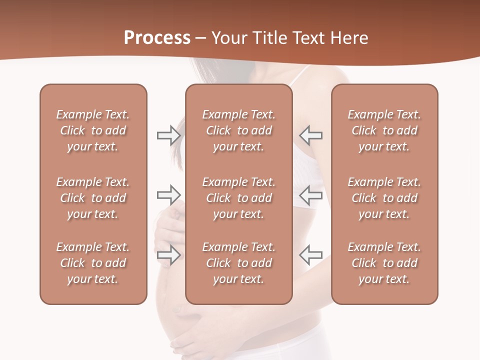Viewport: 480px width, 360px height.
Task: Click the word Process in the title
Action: coord(157,38)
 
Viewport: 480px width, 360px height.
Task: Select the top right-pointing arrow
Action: coord(168,135)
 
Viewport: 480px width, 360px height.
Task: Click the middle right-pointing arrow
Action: coord(168,194)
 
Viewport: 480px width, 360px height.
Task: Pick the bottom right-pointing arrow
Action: coord(168,255)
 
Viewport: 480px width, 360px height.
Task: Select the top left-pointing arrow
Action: coord(310,135)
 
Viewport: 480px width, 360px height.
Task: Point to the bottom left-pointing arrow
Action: coord(310,255)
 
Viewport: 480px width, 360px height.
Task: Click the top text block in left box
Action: coord(93,130)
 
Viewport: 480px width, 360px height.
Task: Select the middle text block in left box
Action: coord(93,198)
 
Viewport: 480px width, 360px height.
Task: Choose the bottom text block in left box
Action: coord(93,263)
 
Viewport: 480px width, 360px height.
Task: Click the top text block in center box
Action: coord(238,130)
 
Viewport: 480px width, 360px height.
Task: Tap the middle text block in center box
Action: coord(238,198)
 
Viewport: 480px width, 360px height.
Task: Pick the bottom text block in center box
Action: coord(238,263)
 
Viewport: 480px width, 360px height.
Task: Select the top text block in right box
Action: coord(384,130)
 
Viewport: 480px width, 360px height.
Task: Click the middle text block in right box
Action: coord(384,198)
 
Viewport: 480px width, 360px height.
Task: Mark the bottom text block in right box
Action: coord(384,263)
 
